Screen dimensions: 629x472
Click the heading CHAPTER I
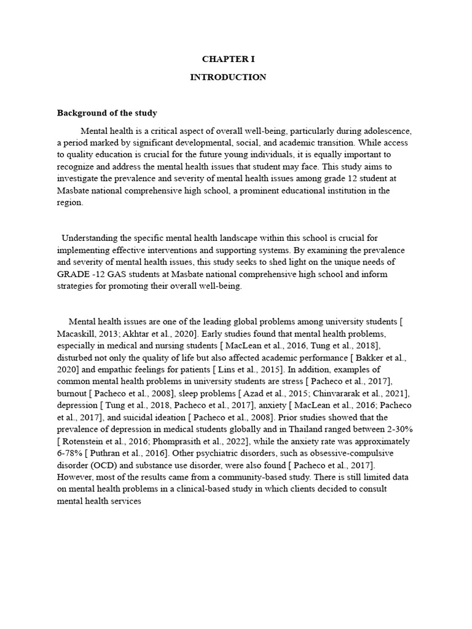(x=228, y=59)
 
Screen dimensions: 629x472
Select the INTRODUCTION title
(x=228, y=77)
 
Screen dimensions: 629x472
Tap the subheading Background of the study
(x=107, y=113)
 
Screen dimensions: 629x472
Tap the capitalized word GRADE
(x=72, y=273)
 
